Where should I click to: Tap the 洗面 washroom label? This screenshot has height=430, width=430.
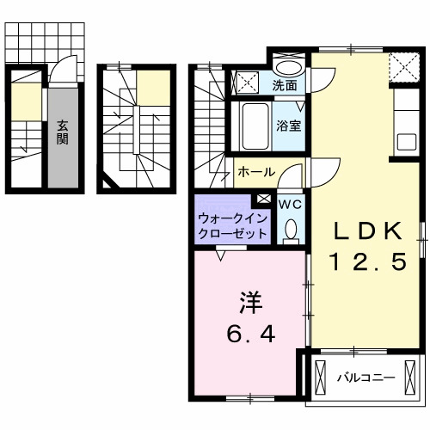285,85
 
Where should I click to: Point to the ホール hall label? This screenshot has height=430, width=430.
255,172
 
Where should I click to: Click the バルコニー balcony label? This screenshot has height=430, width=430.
365,378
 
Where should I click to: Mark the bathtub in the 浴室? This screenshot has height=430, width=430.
253,126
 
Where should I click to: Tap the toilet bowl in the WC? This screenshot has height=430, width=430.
291,229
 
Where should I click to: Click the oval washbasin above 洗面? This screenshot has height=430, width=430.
288,67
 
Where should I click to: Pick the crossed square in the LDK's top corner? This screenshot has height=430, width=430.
401,65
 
